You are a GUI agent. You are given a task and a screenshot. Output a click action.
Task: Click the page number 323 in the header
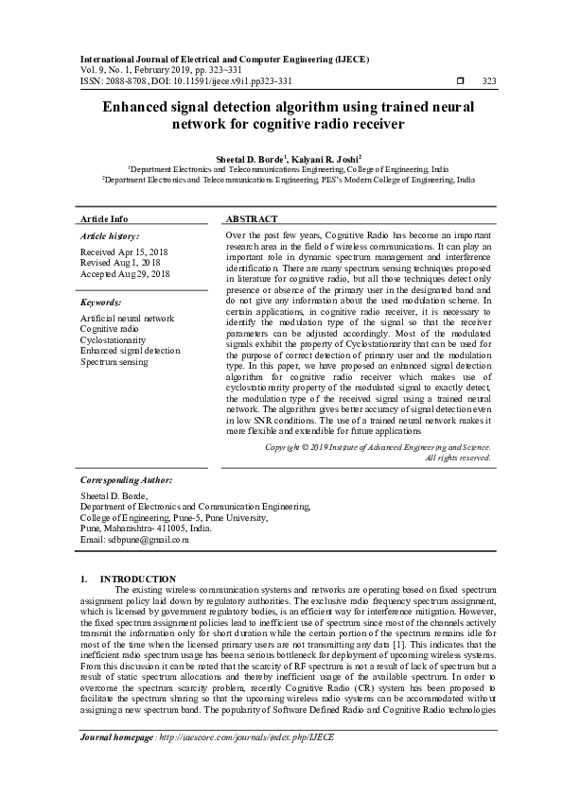click(x=489, y=81)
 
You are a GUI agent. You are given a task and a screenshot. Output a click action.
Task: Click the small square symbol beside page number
click(x=459, y=81)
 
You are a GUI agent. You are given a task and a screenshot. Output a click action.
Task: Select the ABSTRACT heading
click(x=252, y=217)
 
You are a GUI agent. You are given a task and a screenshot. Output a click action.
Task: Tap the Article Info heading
click(x=104, y=217)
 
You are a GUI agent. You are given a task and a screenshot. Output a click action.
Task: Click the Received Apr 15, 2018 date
click(x=123, y=252)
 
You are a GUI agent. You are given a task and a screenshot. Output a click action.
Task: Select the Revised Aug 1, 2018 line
click(x=120, y=263)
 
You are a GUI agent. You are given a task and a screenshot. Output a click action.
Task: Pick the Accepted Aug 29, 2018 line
click(x=125, y=273)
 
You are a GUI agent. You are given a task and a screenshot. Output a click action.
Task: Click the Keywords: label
click(x=101, y=303)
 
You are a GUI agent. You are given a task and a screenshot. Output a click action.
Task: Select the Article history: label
click(x=110, y=235)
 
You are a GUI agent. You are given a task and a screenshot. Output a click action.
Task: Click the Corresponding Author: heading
click(x=126, y=479)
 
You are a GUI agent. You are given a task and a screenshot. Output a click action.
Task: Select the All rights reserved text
click(x=457, y=457)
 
